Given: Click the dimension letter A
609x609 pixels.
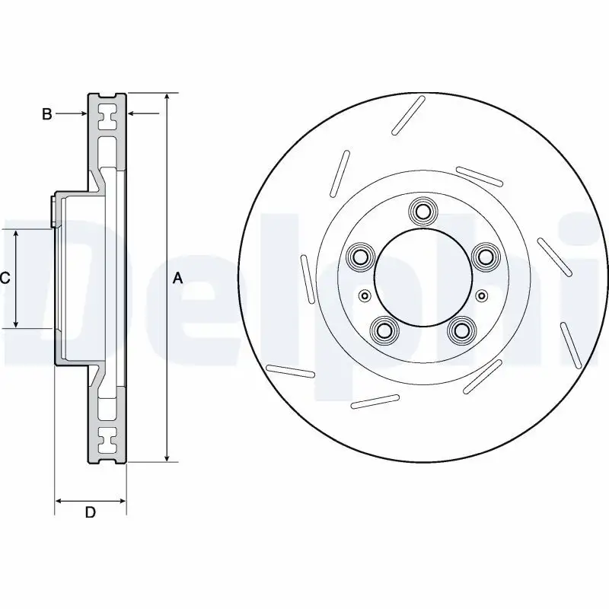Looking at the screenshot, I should [177, 279].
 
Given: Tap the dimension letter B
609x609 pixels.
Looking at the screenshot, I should [46, 114].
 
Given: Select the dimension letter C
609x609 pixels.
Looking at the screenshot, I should [5, 279].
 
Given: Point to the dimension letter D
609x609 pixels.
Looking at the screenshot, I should [90, 512].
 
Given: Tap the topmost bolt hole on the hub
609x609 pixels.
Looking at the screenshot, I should [421, 209].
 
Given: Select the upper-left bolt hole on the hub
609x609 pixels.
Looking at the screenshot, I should [358, 257].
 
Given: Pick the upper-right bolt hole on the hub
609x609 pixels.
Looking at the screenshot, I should [483, 257].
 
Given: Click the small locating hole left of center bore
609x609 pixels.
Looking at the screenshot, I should [364, 295].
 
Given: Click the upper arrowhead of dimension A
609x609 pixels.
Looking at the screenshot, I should [167, 97].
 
